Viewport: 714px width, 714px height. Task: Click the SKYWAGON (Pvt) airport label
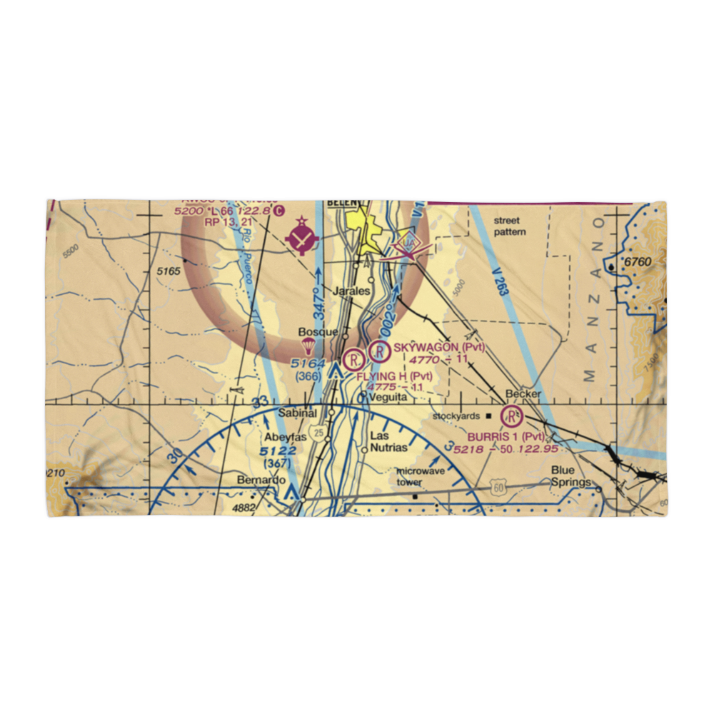tap(439, 348)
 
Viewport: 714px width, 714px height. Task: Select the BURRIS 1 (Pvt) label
tap(506, 436)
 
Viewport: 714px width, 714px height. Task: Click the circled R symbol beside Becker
tap(512, 415)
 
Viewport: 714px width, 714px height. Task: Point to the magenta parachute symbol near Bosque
tap(308, 347)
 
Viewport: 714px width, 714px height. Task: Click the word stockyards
tap(457, 415)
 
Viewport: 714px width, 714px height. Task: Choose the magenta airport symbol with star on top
tap(303, 237)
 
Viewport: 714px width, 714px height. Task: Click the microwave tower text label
tap(420, 477)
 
